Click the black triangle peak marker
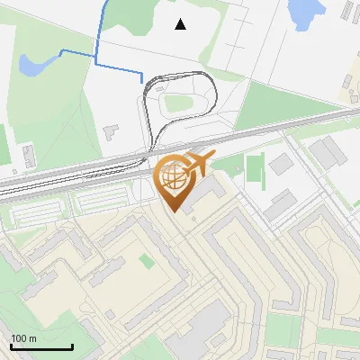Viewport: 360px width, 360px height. (x=181, y=24)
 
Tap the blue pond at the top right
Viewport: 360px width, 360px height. (x=304, y=11)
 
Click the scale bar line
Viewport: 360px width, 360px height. (x=41, y=346)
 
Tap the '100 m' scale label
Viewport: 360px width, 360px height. (x=24, y=338)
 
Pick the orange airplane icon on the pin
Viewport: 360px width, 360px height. (x=199, y=163)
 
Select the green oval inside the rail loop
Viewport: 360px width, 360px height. (x=180, y=103)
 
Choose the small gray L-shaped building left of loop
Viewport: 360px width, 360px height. (x=112, y=131)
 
